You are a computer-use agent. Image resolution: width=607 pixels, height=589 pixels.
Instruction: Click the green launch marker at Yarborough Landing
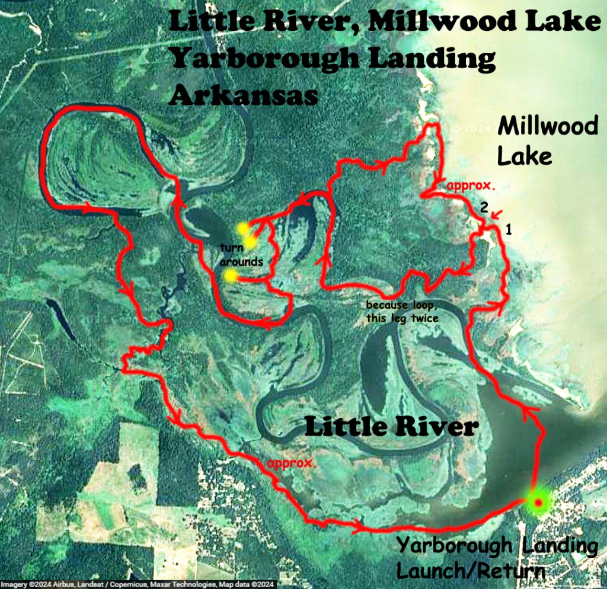pyautogui.click(x=538, y=502)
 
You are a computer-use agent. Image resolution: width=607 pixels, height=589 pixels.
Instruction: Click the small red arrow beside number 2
pyautogui.click(x=496, y=213)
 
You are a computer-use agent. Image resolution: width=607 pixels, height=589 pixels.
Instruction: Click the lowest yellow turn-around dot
pyautogui.click(x=231, y=275)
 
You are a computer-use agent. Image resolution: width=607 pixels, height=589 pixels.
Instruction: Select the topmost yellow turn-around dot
pyautogui.click(x=243, y=229)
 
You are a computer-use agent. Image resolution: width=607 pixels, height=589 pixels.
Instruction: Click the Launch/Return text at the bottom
pyautogui.click(x=471, y=572)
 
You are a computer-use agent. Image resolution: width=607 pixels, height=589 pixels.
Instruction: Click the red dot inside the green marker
pyautogui.click(x=538, y=503)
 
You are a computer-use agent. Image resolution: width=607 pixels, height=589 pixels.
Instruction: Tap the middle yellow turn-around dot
pyautogui.click(x=251, y=242)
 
